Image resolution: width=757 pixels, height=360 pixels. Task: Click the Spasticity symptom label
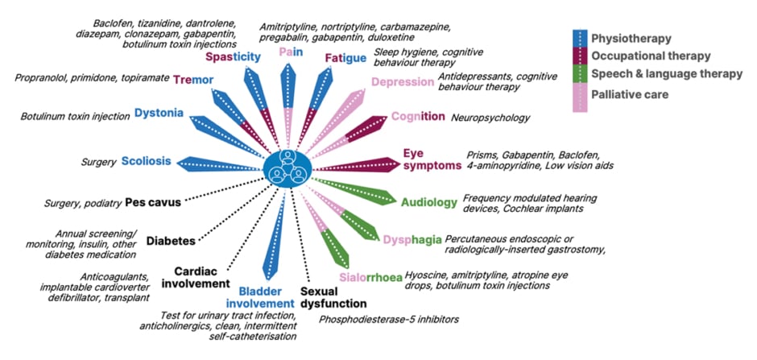coord(233,57)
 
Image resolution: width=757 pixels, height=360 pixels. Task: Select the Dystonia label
coord(159,113)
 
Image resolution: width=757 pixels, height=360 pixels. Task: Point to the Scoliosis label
coord(146,161)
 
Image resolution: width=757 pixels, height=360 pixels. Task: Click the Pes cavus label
coord(152,202)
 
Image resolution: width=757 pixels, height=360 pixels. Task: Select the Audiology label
coord(429,202)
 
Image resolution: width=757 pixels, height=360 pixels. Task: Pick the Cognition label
coord(417,117)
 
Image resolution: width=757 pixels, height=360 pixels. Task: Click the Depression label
coord(402,81)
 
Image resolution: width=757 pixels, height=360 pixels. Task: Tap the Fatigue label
coord(345,58)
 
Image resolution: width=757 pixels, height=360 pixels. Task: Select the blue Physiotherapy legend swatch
coord(580,38)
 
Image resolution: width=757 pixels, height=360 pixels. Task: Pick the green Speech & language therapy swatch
coord(580,73)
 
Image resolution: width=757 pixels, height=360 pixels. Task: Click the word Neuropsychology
coord(490,118)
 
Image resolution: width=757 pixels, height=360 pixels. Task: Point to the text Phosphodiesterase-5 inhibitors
coord(388,320)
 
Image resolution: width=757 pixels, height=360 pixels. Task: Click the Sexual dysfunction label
coord(333,297)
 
